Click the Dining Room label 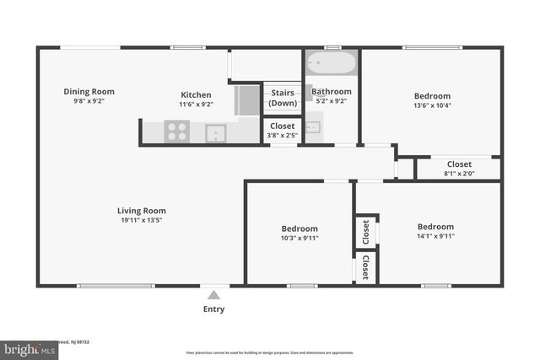[x=89, y=92]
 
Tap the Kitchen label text [x=195, y=94]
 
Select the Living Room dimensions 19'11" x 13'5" [x=141, y=221]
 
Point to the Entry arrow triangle [x=213, y=295]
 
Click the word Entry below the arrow [x=214, y=309]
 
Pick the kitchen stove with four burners [x=177, y=131]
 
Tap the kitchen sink [x=216, y=132]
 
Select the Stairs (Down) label [x=283, y=99]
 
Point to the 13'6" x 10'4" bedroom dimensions [x=432, y=105]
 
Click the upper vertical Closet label [x=365, y=232]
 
